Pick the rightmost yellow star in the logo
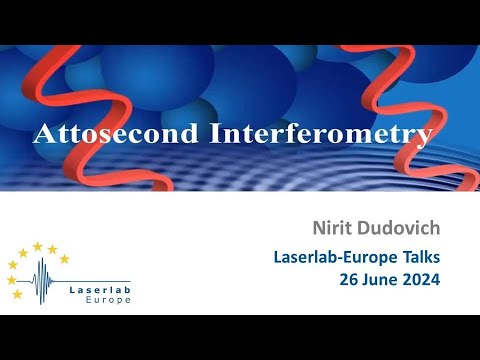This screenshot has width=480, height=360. (65, 259)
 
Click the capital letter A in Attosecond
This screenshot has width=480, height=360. (44, 134)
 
